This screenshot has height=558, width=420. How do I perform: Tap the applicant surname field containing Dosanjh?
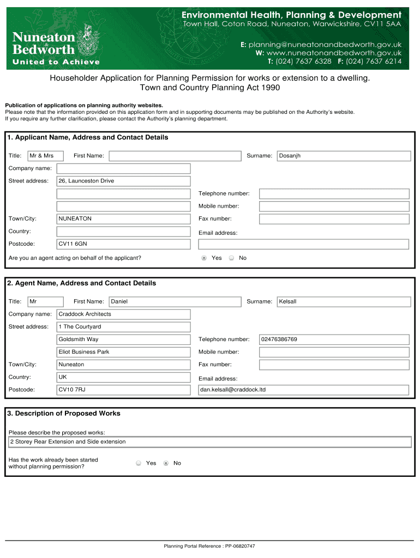click(x=344, y=156)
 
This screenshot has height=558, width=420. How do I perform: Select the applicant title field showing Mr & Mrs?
click(x=46, y=156)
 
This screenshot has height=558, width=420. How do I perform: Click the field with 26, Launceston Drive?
click(x=124, y=181)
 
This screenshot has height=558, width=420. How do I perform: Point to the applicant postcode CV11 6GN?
click(x=124, y=244)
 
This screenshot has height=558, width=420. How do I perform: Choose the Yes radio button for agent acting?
click(x=204, y=258)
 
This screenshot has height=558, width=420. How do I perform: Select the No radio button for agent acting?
click(x=231, y=258)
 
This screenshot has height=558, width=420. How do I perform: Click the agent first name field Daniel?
click(x=175, y=301)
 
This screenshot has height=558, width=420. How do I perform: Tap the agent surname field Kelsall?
click(x=344, y=301)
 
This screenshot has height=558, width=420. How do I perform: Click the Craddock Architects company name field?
click(x=124, y=314)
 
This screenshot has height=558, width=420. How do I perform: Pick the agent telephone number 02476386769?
click(x=334, y=339)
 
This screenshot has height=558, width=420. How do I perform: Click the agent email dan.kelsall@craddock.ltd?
click(x=303, y=390)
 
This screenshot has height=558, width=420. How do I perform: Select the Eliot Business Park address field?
click(x=124, y=352)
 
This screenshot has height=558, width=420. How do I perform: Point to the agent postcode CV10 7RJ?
click(x=124, y=390)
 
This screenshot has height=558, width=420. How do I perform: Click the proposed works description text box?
click(x=210, y=442)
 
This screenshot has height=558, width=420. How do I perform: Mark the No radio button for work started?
click(x=166, y=463)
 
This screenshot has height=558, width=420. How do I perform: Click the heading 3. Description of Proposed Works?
click(x=64, y=414)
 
